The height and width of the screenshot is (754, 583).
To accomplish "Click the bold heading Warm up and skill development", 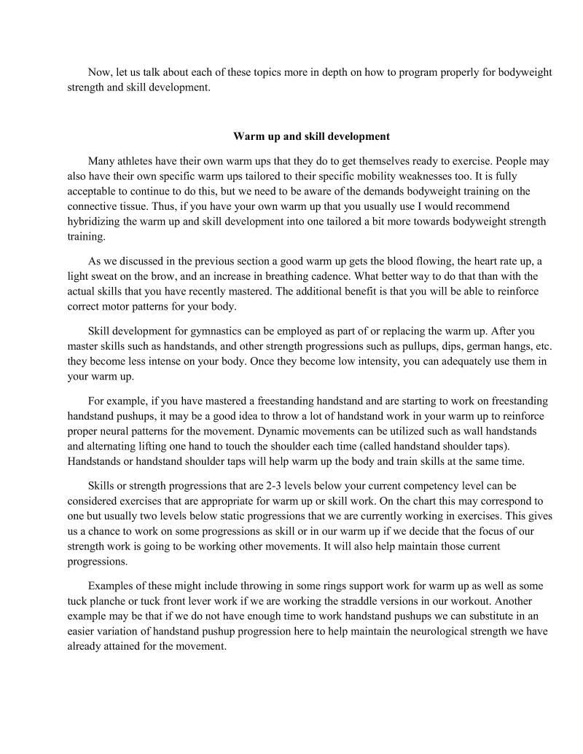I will (311, 136).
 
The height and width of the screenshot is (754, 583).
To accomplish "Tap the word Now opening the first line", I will (100, 73).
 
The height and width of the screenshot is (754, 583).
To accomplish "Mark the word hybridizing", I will (95, 222).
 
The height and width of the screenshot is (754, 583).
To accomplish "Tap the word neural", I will (114, 430).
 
